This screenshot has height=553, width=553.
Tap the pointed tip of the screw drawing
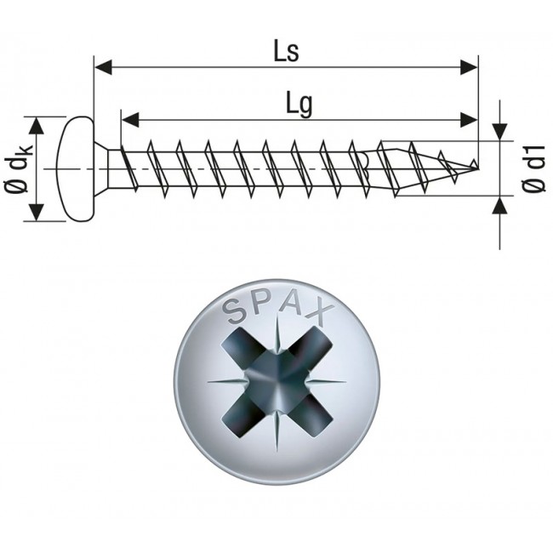point(474,164)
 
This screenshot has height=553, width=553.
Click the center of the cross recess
point(276,382)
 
